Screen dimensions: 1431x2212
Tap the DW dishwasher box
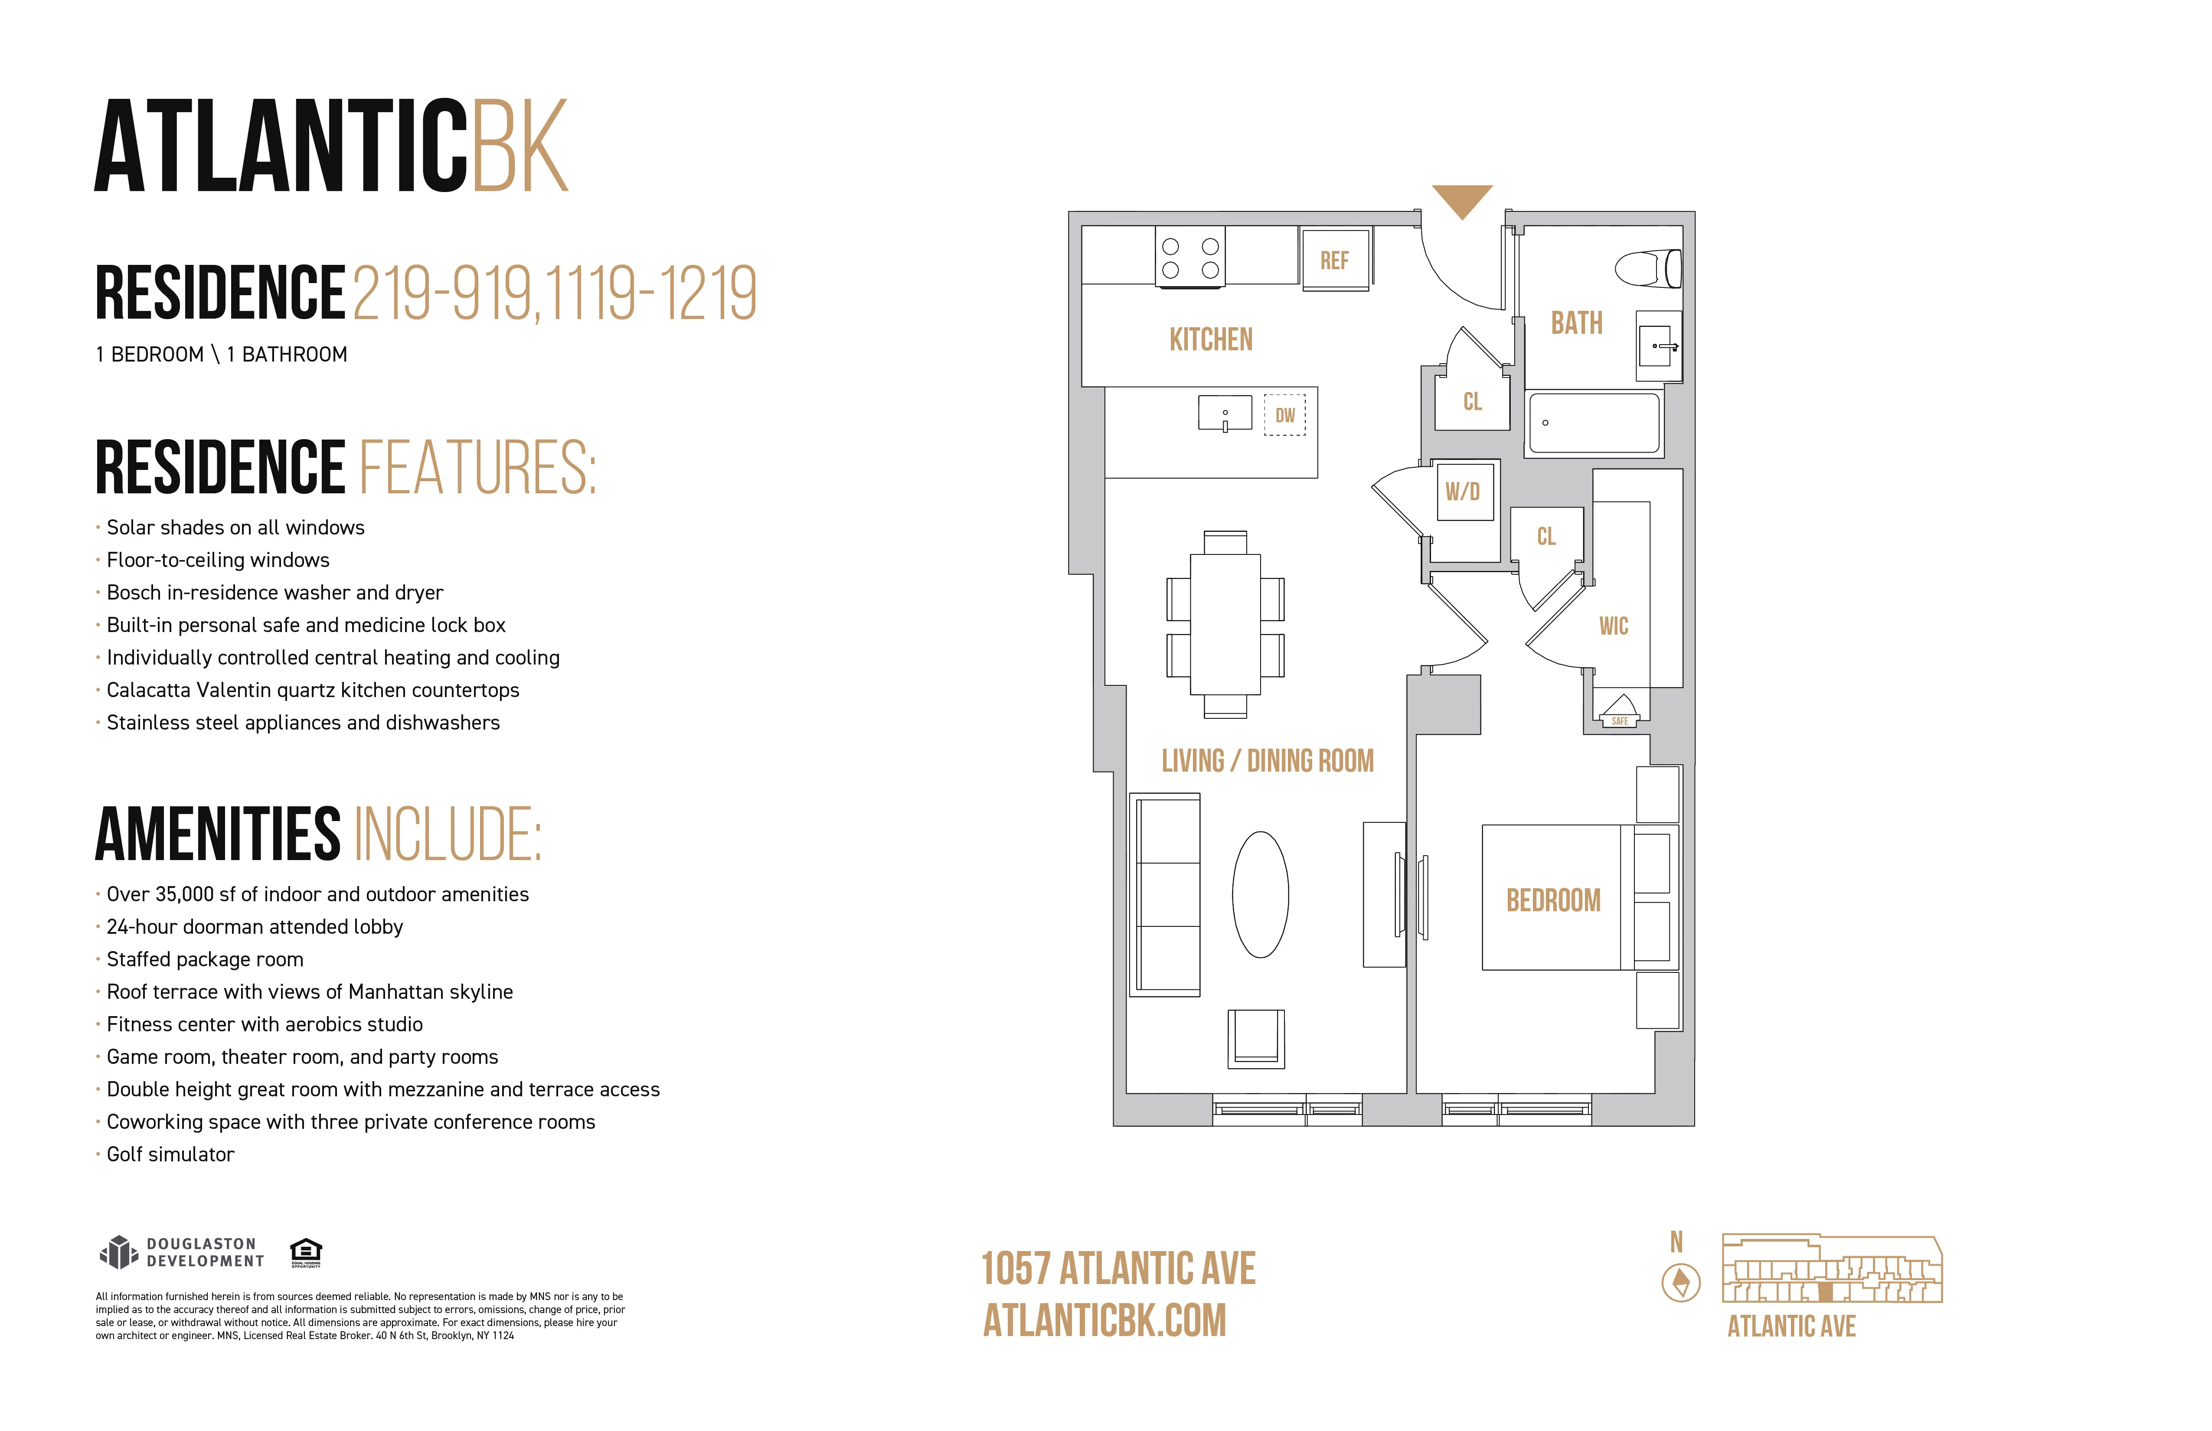tap(1284, 415)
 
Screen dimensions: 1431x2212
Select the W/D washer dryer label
tap(1462, 492)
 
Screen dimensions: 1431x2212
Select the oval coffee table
tap(1260, 894)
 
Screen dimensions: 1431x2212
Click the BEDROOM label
tap(1553, 900)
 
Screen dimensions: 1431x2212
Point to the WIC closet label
tap(1614, 626)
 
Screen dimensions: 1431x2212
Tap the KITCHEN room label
tap(1211, 340)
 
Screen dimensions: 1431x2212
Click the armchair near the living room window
tap(1256, 1038)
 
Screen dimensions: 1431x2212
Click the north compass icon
tap(1680, 1283)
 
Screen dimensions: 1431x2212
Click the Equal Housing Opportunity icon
tap(306, 1252)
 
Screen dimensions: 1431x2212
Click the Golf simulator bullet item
tap(170, 1154)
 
